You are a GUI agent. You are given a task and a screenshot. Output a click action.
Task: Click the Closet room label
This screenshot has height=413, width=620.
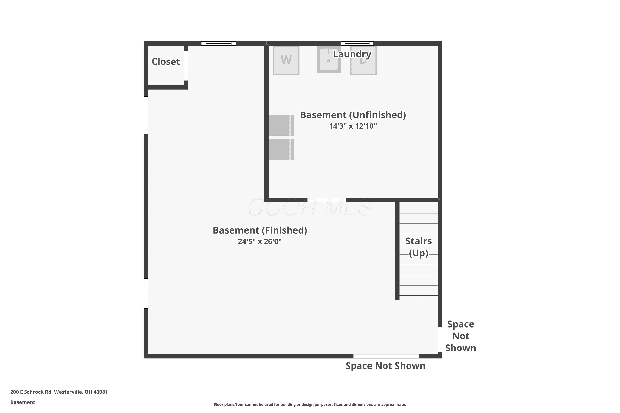coord(166,62)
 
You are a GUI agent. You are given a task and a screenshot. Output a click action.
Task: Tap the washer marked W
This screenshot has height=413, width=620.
coord(286,61)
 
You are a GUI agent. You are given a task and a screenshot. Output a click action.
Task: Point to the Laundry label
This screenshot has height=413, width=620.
coord(352,54)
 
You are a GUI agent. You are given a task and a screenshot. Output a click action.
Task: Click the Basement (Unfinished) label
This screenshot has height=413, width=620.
coord(353,115)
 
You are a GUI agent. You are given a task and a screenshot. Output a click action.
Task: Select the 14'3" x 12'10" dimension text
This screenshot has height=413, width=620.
coord(353,126)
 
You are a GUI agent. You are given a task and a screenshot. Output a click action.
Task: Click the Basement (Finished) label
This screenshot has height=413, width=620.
coord(260,230)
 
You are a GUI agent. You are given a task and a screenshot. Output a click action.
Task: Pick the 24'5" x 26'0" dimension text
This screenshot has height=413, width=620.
coord(260,242)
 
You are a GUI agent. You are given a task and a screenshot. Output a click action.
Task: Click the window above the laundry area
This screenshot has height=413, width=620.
coord(357,43)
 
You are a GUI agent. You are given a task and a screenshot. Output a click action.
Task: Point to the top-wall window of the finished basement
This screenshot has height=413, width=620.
coord(218,43)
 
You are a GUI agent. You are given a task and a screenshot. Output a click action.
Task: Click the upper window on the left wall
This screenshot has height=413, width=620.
coord(146,115)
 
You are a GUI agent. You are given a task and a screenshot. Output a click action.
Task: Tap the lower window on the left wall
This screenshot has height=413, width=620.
coord(146,293)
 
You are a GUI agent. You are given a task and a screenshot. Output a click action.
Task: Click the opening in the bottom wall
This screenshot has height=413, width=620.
coord(386,356)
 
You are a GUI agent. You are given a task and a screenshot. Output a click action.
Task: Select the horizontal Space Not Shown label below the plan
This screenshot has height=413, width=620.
coord(385,366)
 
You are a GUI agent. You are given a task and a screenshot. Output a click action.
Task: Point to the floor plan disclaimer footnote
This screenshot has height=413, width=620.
coord(310,404)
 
